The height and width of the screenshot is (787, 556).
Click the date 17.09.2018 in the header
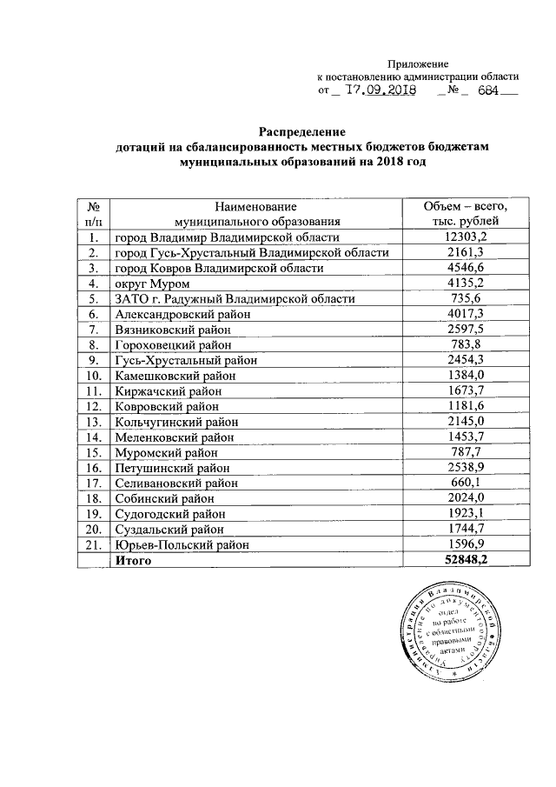pos(381,90)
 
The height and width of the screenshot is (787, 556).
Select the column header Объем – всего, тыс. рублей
pos(463,214)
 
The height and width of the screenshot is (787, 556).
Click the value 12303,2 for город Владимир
pos(464,237)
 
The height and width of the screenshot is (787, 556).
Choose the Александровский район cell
pos(182,314)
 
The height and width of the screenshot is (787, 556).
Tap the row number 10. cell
pos(92,376)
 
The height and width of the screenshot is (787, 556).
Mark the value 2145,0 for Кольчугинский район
pos(464,422)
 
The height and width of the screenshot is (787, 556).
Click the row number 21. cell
pos(92,545)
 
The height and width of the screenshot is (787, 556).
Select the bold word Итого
pos(133,561)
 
